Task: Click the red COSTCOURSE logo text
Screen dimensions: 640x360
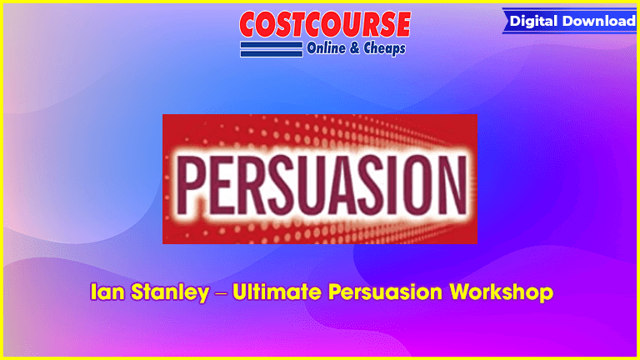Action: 325,24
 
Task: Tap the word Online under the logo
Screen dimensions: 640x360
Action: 326,48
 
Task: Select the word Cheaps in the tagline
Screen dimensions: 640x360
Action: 384,48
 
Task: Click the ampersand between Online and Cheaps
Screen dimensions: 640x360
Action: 354,48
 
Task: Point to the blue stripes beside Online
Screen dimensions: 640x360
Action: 272,49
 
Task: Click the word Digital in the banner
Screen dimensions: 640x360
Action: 534,21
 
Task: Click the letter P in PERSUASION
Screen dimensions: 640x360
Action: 191,185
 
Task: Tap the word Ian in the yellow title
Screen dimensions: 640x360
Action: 107,292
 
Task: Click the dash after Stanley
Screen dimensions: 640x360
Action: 221,293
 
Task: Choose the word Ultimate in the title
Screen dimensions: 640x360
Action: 277,292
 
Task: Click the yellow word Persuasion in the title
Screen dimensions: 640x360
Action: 385,292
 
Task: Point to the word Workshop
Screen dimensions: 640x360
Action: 501,293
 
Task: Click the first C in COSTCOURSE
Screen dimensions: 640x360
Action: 250,24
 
